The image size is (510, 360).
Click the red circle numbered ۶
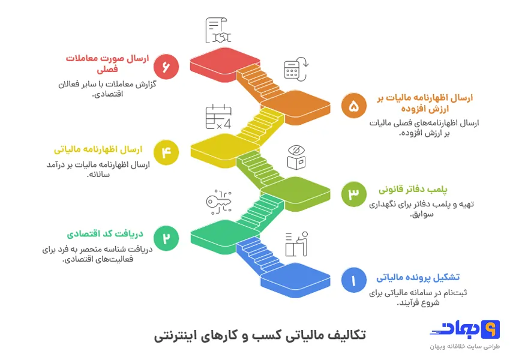[166, 67]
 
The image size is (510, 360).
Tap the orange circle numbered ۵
[353, 106]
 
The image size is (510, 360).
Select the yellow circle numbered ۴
[166, 152]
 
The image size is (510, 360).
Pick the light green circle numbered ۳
[353, 193]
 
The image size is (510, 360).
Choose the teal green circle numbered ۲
[166, 238]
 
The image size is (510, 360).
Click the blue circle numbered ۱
[353, 280]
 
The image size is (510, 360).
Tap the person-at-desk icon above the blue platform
[296, 244]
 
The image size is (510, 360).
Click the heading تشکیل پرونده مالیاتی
[418, 277]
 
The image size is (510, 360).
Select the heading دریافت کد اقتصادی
[104, 234]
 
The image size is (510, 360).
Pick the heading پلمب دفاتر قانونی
[413, 190]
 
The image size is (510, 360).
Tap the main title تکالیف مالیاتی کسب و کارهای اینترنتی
[259, 335]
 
